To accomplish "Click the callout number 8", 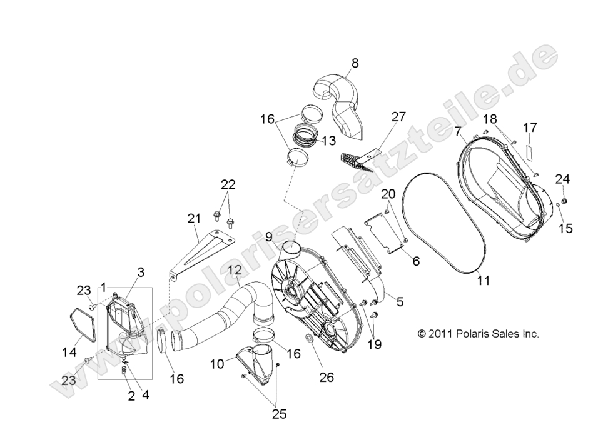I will [355, 63].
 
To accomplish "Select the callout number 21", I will [194, 218].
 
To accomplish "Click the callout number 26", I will [327, 377].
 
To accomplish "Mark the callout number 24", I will [563, 179].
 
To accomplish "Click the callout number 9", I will [268, 236].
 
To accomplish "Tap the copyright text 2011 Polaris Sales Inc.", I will [478, 334].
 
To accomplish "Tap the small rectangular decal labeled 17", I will [529, 150].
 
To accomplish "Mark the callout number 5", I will [400, 301].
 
